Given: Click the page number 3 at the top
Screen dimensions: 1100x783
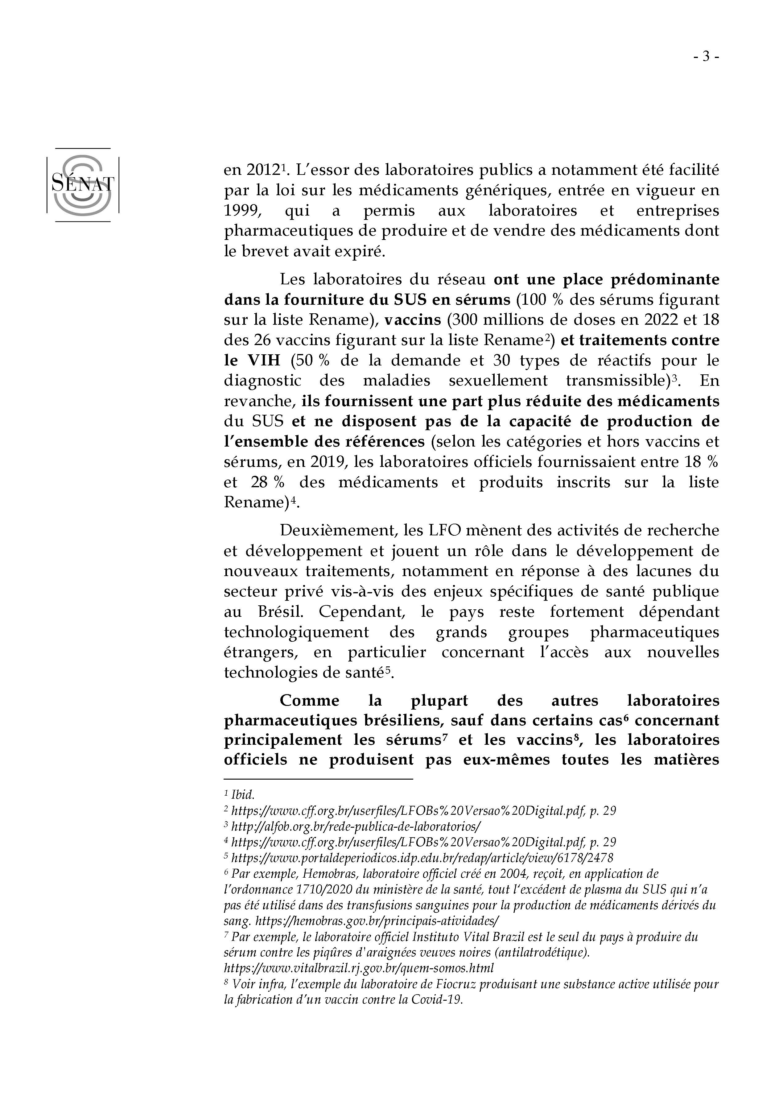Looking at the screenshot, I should click(706, 57).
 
